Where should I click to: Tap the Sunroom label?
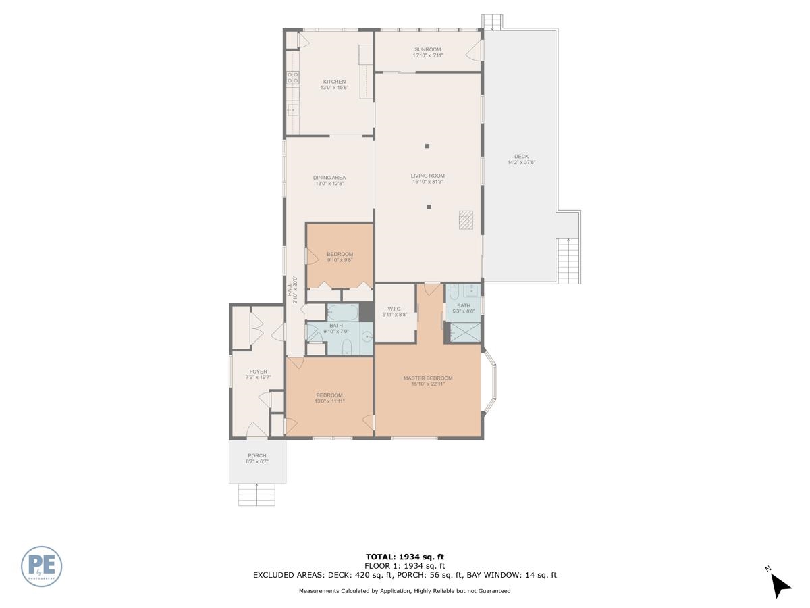427,52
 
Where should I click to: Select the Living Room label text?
427,178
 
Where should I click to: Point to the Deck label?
521,159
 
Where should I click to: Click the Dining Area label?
329,180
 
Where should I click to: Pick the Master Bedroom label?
427,381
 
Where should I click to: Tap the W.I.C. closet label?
394,311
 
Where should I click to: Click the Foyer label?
258,374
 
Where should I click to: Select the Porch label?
256,459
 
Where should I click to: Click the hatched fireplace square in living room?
466,220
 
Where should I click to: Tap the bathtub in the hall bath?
344,313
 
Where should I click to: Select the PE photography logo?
42,565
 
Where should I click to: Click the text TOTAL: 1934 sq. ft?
404,557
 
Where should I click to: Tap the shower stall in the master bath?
465,333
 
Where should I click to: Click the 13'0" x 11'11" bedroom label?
329,398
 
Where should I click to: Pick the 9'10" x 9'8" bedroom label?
340,257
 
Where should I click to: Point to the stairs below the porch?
256,495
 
